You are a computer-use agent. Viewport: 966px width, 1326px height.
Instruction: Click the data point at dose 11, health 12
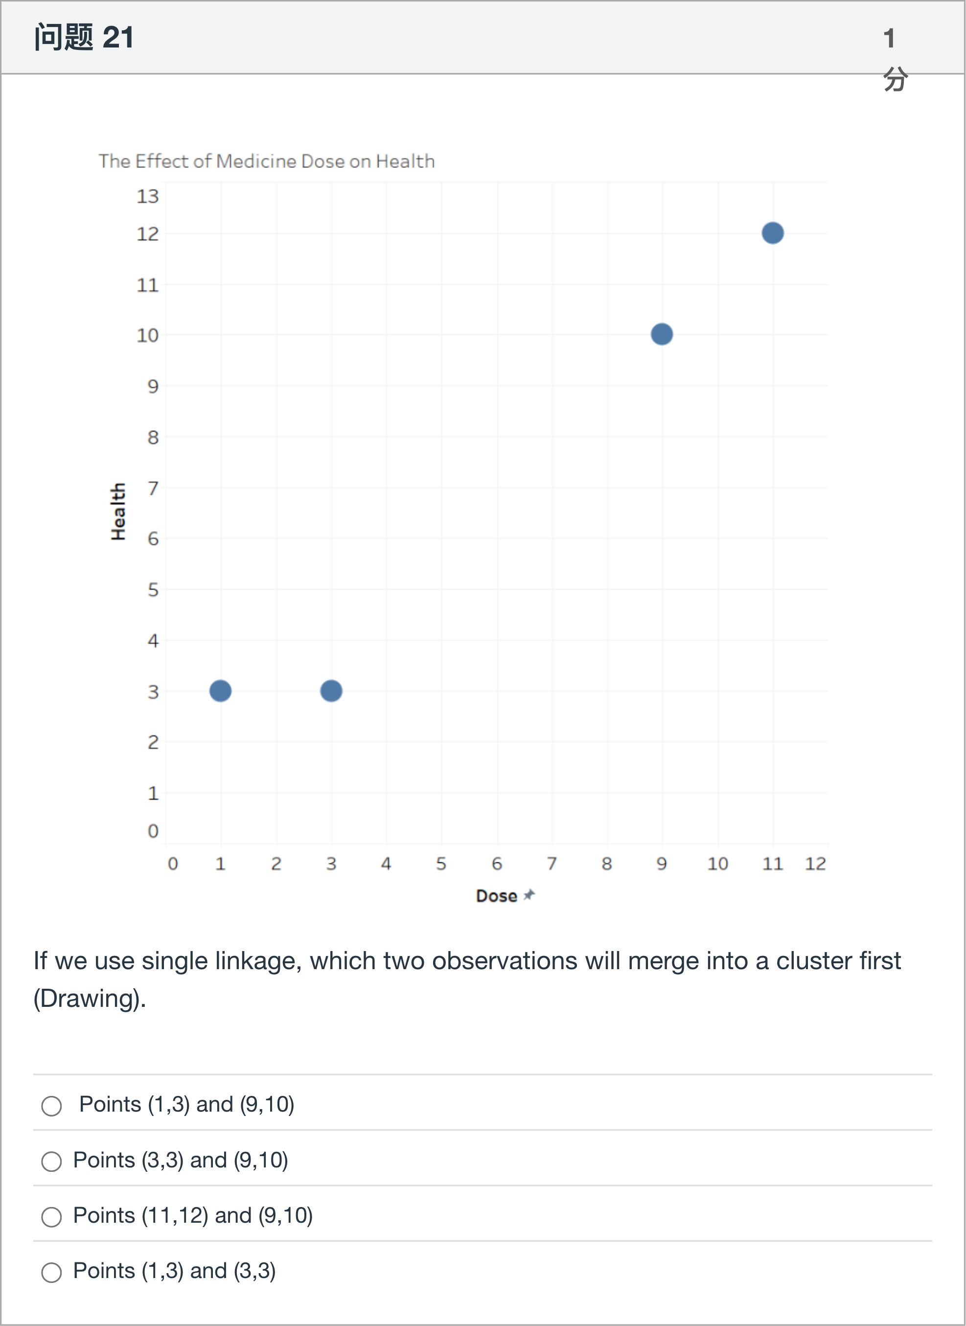click(772, 233)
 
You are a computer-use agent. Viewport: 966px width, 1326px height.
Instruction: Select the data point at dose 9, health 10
click(661, 334)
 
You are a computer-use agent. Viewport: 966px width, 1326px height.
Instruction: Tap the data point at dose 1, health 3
click(220, 691)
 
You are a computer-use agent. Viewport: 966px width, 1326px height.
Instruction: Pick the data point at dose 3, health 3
click(331, 691)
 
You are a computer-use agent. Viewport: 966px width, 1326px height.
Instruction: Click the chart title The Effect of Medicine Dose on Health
click(266, 161)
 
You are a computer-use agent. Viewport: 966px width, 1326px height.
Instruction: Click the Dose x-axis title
click(496, 896)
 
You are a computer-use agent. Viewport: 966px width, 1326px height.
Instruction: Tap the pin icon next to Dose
click(529, 894)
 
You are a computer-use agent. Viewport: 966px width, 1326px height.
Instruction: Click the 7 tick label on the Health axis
click(153, 488)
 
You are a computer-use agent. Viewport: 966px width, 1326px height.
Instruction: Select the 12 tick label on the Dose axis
click(815, 863)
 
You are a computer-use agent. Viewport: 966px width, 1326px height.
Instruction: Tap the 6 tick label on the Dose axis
click(496, 863)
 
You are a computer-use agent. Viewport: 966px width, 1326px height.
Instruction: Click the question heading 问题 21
click(84, 37)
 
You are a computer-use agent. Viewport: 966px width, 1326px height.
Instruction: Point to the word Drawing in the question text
click(90, 999)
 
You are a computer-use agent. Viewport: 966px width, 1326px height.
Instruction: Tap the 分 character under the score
click(895, 78)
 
